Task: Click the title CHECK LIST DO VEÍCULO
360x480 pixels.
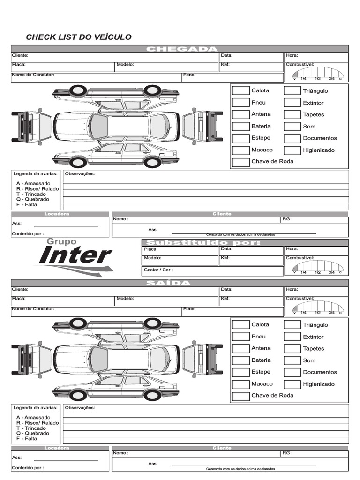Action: point(79,37)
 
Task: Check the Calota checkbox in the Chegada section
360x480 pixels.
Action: point(241,90)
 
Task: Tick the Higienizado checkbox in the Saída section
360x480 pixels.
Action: point(292,384)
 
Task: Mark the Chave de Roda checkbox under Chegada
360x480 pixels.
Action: point(241,162)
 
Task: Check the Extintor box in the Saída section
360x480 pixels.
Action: point(292,337)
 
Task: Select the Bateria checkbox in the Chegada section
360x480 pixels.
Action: point(241,126)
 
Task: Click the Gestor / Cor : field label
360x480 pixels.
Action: point(158,270)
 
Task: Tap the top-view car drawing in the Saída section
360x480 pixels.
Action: point(116,360)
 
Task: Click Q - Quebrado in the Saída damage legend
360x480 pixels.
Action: point(32,434)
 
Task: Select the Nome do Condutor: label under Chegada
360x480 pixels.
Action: point(33,75)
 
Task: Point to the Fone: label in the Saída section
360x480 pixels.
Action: point(189,309)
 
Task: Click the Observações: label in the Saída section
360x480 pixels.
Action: point(80,408)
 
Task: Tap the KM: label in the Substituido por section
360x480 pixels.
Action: point(225,258)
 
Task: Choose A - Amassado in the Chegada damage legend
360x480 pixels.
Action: point(33,184)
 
